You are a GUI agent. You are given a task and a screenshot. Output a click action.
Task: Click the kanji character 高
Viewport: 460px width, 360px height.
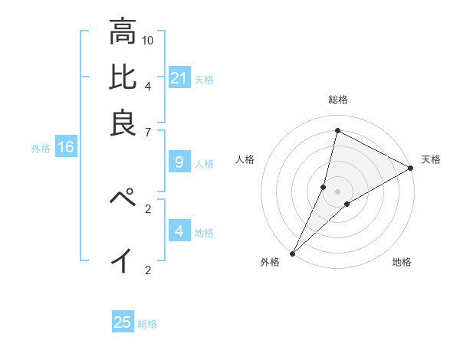point(122,32)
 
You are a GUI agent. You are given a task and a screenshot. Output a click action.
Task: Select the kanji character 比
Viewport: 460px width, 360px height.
point(122,77)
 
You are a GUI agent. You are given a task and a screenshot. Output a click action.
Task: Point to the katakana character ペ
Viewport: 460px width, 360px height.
point(122,198)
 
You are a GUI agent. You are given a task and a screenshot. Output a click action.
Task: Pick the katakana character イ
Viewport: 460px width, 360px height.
point(122,260)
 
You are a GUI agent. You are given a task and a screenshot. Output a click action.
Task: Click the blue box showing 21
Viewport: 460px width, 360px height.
point(179,78)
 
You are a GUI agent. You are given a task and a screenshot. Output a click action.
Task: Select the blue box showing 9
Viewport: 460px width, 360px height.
point(179,162)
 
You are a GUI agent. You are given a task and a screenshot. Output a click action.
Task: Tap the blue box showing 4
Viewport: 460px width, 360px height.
point(179,231)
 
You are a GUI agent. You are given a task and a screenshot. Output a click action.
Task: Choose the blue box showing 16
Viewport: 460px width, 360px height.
point(66,148)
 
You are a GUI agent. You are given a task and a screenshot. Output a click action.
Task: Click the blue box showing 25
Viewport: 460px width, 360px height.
point(123,322)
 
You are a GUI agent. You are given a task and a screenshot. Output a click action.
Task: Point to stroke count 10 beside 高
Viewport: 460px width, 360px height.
point(149,39)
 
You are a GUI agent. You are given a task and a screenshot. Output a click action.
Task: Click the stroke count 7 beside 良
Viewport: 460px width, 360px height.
point(149,133)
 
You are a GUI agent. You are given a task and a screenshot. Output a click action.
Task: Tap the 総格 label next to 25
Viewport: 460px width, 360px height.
point(148,324)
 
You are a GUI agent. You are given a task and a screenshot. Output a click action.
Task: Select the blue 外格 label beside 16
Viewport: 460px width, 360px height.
point(41,149)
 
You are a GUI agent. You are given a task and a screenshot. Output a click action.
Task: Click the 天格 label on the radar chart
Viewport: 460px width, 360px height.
point(431,159)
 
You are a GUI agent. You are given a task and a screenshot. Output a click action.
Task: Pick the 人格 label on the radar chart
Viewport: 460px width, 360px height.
point(245,159)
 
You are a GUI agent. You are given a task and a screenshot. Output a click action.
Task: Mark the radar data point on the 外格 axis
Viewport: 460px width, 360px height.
point(292,253)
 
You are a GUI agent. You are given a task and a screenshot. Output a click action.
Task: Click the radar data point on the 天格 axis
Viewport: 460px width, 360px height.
point(411,168)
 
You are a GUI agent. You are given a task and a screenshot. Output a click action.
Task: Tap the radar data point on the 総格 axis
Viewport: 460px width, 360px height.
point(337,130)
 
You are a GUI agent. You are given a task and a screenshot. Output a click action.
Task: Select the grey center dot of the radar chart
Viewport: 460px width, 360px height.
point(337,191)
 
